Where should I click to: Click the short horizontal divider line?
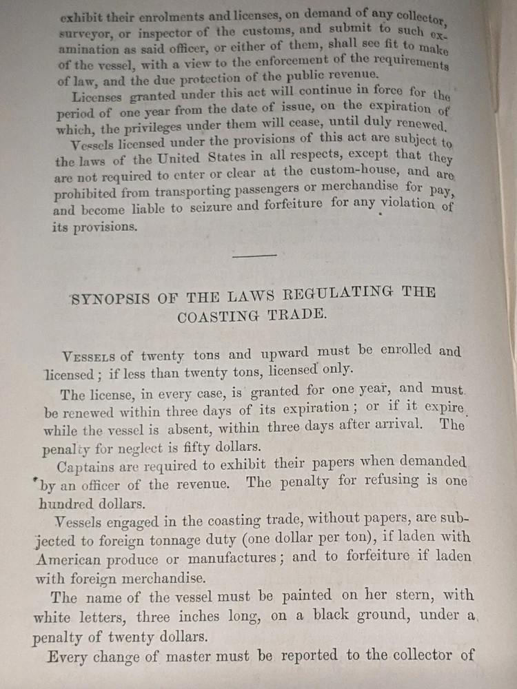[254, 256]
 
